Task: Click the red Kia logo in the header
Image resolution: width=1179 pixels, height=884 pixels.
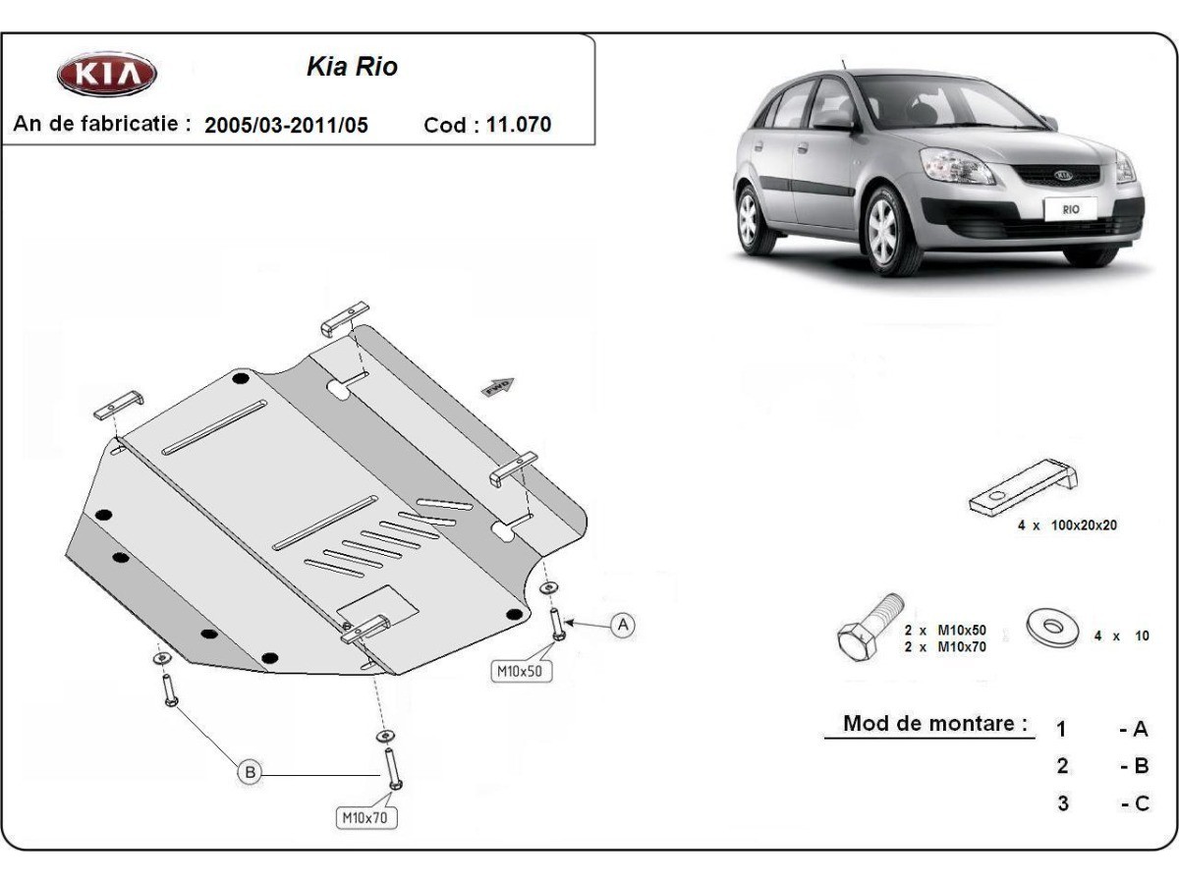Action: tap(106, 76)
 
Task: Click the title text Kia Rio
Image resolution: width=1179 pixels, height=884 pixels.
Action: tap(352, 68)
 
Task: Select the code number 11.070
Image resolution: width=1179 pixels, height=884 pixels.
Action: tap(519, 125)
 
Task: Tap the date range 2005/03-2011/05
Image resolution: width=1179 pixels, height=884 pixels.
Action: tap(286, 126)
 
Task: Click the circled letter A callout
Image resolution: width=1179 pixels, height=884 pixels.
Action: tap(622, 625)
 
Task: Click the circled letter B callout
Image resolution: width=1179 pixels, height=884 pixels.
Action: tap(251, 773)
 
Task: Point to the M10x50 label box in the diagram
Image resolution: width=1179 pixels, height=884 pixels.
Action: tap(522, 671)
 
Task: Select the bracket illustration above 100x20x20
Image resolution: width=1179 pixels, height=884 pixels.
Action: tap(1024, 487)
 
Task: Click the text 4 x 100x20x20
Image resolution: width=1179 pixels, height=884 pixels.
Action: tap(1066, 525)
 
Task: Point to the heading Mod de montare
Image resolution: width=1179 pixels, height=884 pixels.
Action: tap(934, 724)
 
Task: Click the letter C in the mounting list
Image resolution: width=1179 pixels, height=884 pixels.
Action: tap(1140, 803)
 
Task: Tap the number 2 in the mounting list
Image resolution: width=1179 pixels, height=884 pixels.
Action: tap(1062, 766)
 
